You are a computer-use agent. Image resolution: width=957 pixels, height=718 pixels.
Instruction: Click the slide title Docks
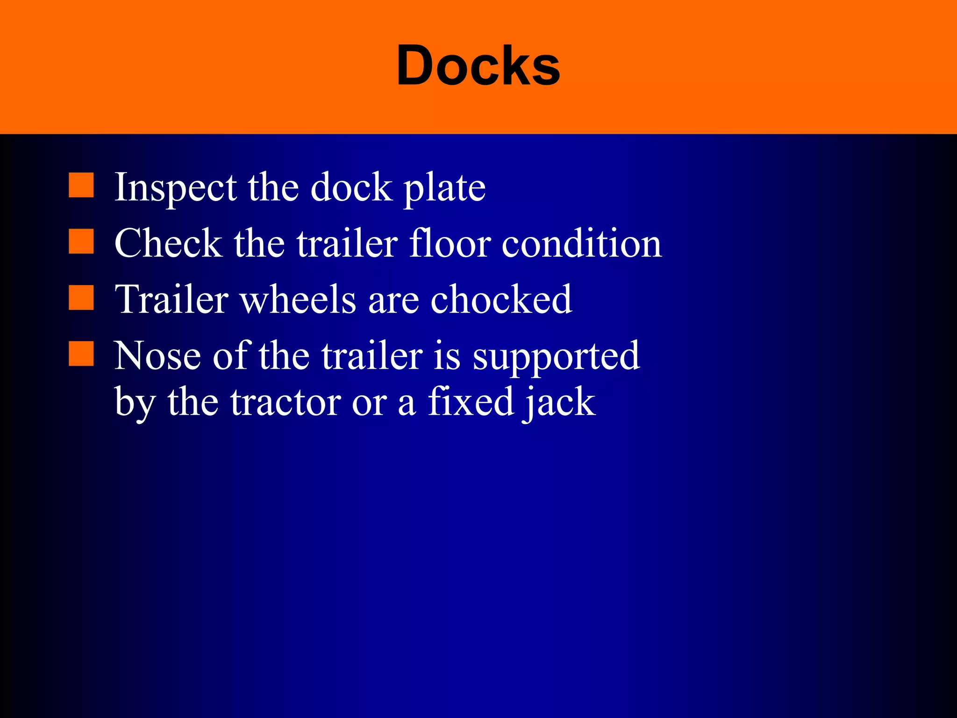[x=478, y=66]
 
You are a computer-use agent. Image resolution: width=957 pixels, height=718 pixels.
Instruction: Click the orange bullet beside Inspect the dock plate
[x=81, y=185]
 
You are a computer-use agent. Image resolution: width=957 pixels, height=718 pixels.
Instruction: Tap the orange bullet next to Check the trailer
[x=81, y=241]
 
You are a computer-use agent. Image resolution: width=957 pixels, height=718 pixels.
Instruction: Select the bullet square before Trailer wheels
[x=81, y=298]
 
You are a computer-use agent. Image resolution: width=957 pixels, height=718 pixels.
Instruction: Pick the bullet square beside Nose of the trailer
[x=81, y=353]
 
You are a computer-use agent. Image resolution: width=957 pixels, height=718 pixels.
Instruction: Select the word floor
[x=450, y=244]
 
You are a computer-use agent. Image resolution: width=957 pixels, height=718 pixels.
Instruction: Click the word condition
[x=582, y=244]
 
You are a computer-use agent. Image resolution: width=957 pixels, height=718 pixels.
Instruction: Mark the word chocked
[x=501, y=300]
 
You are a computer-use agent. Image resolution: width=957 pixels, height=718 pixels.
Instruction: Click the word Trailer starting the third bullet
[x=171, y=300]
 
